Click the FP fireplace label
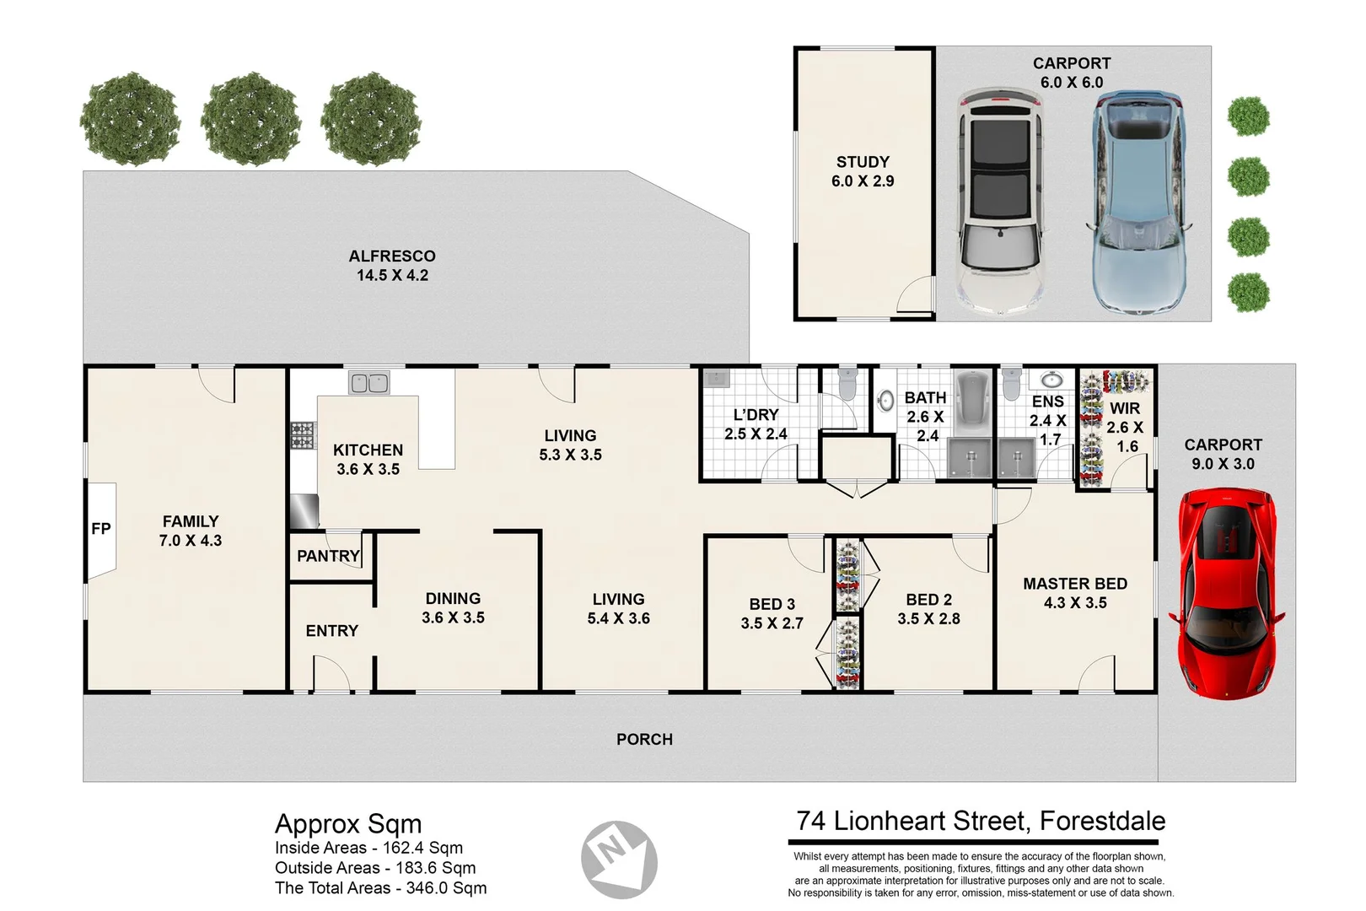[100, 529]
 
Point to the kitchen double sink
[369, 383]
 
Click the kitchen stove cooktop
[302, 435]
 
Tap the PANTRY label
[328, 556]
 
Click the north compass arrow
[619, 859]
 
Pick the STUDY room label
[863, 162]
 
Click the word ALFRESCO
[392, 256]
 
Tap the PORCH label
[644, 740]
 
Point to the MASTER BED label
[1075, 584]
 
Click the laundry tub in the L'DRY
[717, 378]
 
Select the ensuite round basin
[1051, 380]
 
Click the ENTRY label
[331, 631]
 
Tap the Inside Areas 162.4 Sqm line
[368, 848]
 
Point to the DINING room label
[453, 599]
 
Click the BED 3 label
[772, 604]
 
